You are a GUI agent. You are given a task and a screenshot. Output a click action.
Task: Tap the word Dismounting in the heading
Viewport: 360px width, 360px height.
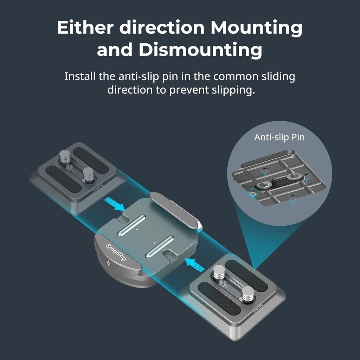click(200, 50)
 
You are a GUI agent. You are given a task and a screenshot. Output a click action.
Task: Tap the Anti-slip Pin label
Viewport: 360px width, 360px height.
click(279, 137)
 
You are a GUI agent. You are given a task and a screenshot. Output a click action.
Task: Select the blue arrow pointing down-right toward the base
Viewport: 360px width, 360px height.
click(115, 205)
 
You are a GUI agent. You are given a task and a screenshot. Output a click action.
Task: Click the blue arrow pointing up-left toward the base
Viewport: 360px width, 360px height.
click(195, 264)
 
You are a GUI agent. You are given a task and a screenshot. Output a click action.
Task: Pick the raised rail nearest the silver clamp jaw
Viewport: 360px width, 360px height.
click(132, 225)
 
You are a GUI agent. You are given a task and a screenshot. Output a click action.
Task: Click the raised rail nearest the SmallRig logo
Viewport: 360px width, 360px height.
click(160, 246)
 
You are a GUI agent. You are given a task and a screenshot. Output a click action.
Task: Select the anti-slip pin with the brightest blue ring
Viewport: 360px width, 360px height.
click(252, 192)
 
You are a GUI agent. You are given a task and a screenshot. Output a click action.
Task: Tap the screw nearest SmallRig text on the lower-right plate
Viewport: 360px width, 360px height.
click(248, 294)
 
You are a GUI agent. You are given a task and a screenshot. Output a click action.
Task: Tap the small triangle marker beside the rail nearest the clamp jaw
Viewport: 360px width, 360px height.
click(137, 230)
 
